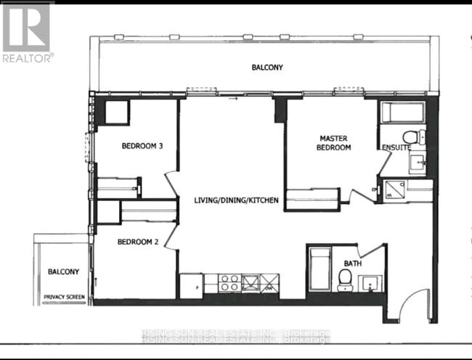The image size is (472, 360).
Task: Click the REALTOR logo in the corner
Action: tap(27, 33)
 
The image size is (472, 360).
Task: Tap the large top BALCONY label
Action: tap(267, 67)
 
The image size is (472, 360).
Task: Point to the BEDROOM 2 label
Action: tap(138, 242)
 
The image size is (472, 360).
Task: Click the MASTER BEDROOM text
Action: tap(335, 142)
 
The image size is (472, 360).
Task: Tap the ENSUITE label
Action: tap(396, 147)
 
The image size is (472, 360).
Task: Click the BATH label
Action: tap(353, 263)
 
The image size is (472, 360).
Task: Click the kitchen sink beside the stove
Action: tap(251, 282)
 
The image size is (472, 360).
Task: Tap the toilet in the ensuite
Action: tap(411, 136)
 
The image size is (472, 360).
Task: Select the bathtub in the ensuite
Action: tap(402, 112)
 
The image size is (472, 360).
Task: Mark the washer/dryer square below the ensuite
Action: tap(394, 189)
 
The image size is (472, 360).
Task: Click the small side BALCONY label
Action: tap(64, 271)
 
